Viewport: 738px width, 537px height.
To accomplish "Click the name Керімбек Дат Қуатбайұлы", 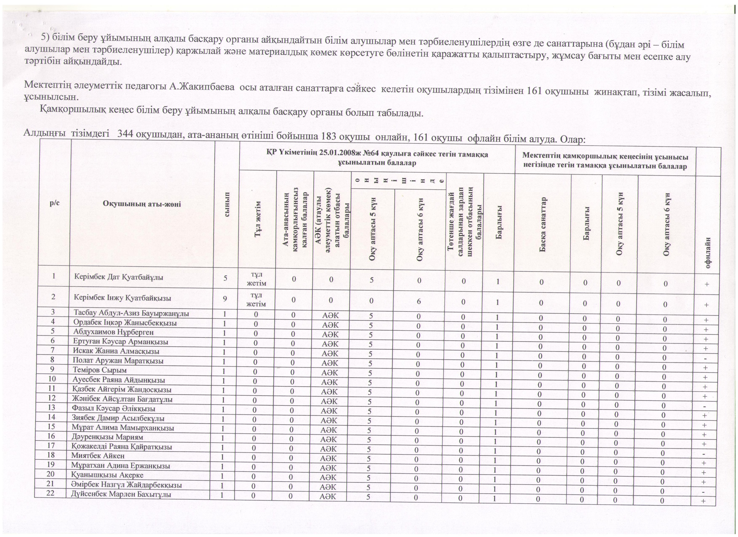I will pyautogui.click(x=118, y=277).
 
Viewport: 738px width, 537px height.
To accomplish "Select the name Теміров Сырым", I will pyautogui.click(x=100, y=370).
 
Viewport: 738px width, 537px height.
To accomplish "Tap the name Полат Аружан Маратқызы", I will pyautogui.click(x=118, y=361).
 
